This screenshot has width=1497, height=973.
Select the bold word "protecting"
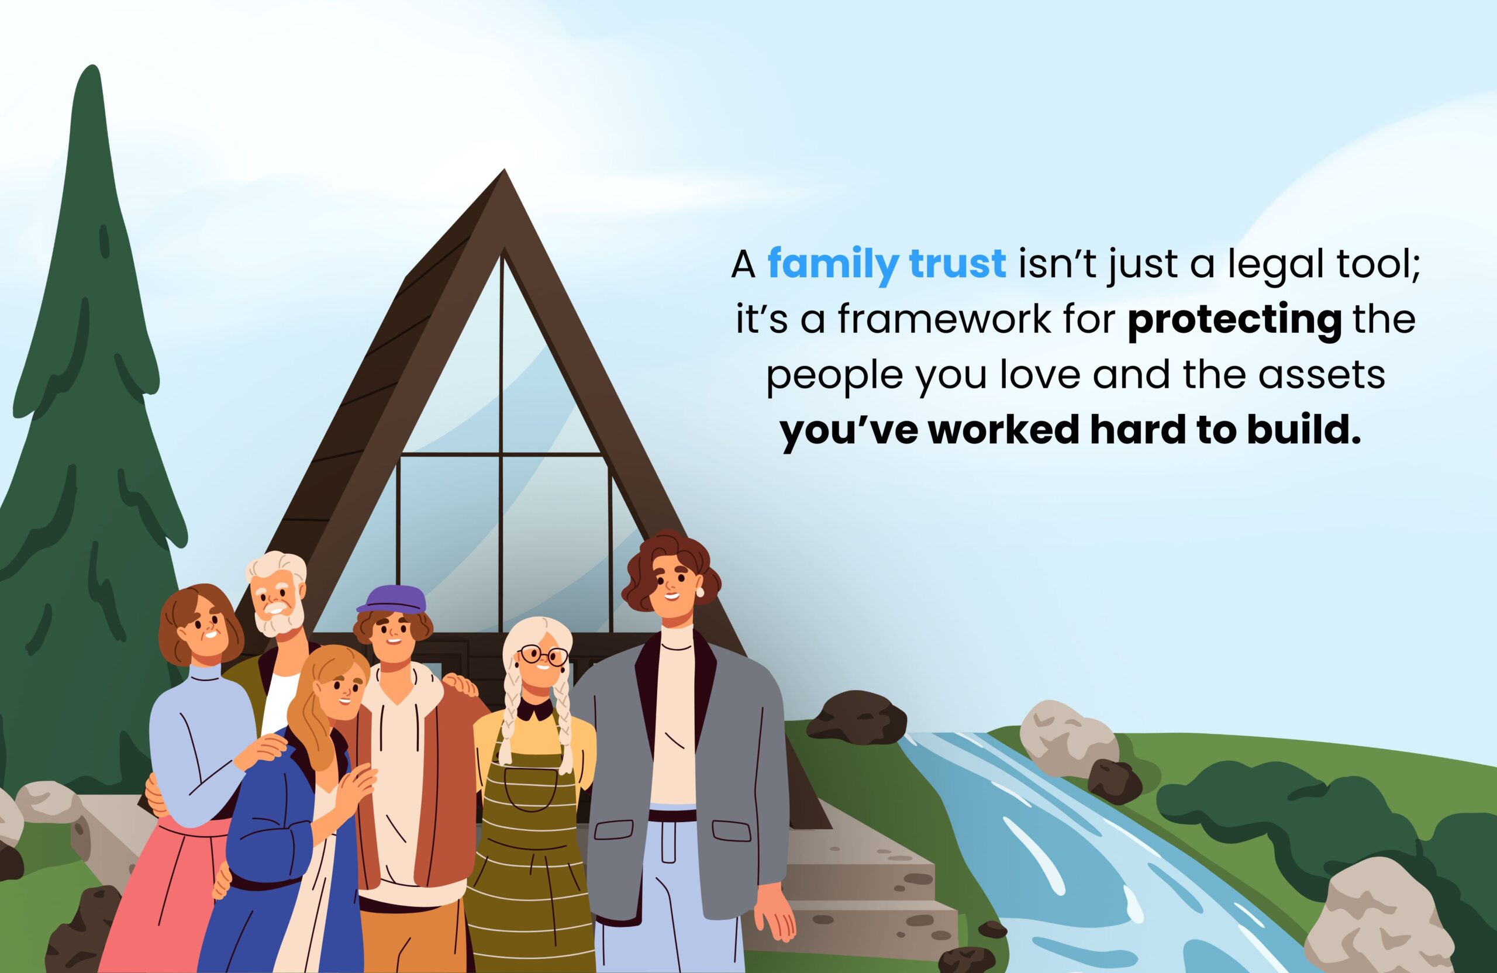(x=1234, y=320)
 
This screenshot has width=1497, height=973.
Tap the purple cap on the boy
(x=392, y=600)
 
